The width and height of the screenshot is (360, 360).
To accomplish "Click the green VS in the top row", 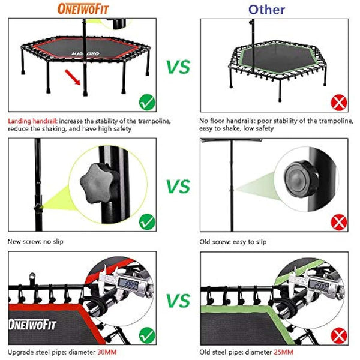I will point(178,67).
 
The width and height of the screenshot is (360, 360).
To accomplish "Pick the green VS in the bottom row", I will point(178,299).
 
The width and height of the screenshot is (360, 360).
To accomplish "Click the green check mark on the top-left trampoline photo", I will point(147,103).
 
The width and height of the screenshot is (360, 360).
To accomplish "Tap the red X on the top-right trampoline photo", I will point(340,103).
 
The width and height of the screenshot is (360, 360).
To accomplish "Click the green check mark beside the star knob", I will point(147,223).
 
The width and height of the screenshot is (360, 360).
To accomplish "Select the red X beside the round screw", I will point(340,223).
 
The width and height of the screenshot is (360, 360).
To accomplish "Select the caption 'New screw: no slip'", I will point(35,242).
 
